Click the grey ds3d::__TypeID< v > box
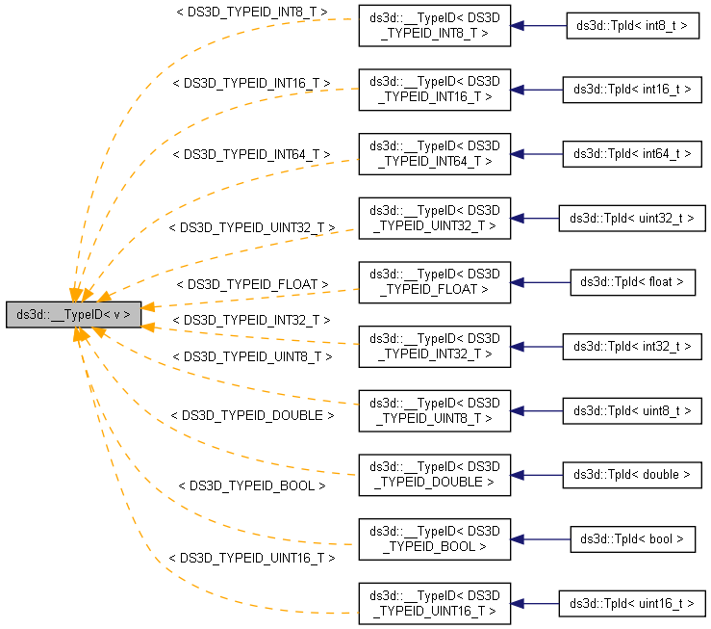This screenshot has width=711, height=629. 74,314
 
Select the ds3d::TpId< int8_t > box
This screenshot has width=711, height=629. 632,26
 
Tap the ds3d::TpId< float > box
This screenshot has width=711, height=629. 632,282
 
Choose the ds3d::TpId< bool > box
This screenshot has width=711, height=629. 632,538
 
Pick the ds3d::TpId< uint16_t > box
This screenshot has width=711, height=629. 632,603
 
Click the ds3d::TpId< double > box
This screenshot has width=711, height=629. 632,475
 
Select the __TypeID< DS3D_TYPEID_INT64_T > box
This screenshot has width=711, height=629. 434,154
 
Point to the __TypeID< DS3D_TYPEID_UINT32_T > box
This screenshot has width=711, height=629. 434,218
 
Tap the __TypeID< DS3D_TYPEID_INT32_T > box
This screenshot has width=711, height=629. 434,346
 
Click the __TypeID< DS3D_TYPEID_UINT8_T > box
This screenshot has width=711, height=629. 434,410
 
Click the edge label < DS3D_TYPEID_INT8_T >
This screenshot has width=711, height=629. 251,13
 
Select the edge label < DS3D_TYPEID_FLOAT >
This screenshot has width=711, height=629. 251,284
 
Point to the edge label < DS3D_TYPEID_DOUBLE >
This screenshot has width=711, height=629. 251,415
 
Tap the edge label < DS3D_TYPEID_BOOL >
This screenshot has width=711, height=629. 251,486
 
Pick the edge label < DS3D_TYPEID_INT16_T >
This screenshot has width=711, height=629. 251,84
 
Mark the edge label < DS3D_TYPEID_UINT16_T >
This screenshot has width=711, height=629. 251,558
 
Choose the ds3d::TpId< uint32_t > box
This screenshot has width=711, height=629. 632,218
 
